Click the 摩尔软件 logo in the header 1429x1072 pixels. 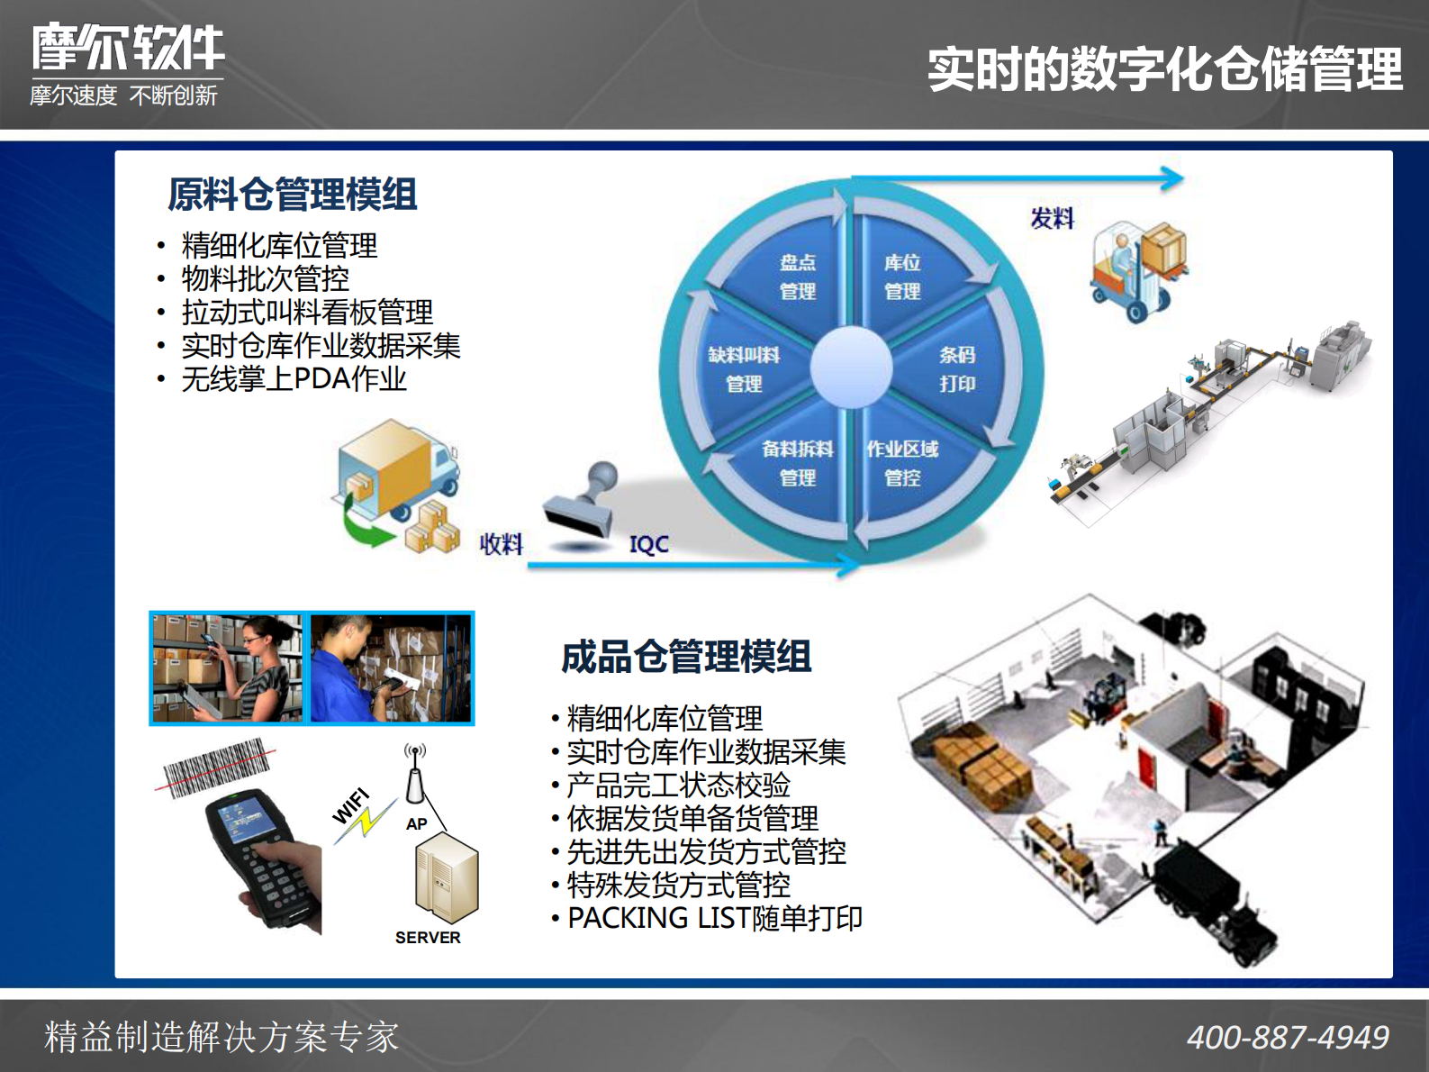tap(128, 49)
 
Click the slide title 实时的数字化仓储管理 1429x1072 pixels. tap(1164, 69)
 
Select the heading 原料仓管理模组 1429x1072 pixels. tap(292, 195)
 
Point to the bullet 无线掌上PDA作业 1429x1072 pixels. tap(294, 379)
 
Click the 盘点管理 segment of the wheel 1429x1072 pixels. tap(797, 276)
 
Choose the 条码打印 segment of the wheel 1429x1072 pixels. tap(956, 368)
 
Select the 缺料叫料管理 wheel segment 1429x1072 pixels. tap(743, 368)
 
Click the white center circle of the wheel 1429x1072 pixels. tap(851, 367)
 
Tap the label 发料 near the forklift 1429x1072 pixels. tap(1052, 218)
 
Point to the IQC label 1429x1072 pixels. tap(648, 544)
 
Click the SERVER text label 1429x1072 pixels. tap(428, 938)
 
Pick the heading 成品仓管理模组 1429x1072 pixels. tap(686, 657)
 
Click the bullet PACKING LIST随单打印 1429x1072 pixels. tap(715, 918)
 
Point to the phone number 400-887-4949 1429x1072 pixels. tap(1287, 1038)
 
